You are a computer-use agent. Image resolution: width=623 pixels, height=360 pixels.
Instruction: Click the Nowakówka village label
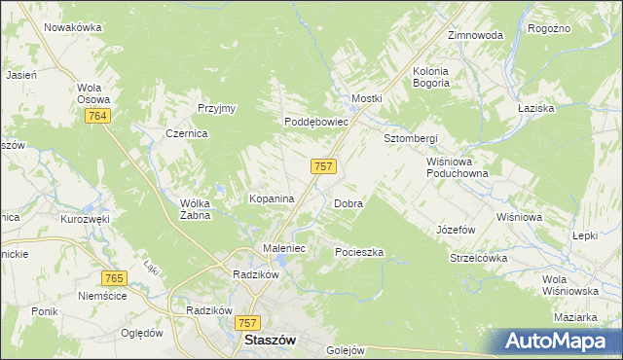(x=73, y=27)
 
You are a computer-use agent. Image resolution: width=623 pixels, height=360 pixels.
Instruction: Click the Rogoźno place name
(x=548, y=29)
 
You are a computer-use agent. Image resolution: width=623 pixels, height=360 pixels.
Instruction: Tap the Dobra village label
(x=348, y=204)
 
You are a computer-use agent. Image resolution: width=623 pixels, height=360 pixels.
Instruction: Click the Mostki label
(x=367, y=99)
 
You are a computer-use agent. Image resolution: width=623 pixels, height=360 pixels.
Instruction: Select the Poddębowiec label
(x=316, y=123)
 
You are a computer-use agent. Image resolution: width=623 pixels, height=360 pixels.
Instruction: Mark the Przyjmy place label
(x=217, y=108)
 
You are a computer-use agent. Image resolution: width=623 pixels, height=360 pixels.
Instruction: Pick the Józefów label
(x=455, y=230)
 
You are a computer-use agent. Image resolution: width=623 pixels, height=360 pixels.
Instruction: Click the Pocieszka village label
(x=359, y=252)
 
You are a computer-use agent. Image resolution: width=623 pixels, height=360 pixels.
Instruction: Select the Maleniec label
(x=285, y=248)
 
